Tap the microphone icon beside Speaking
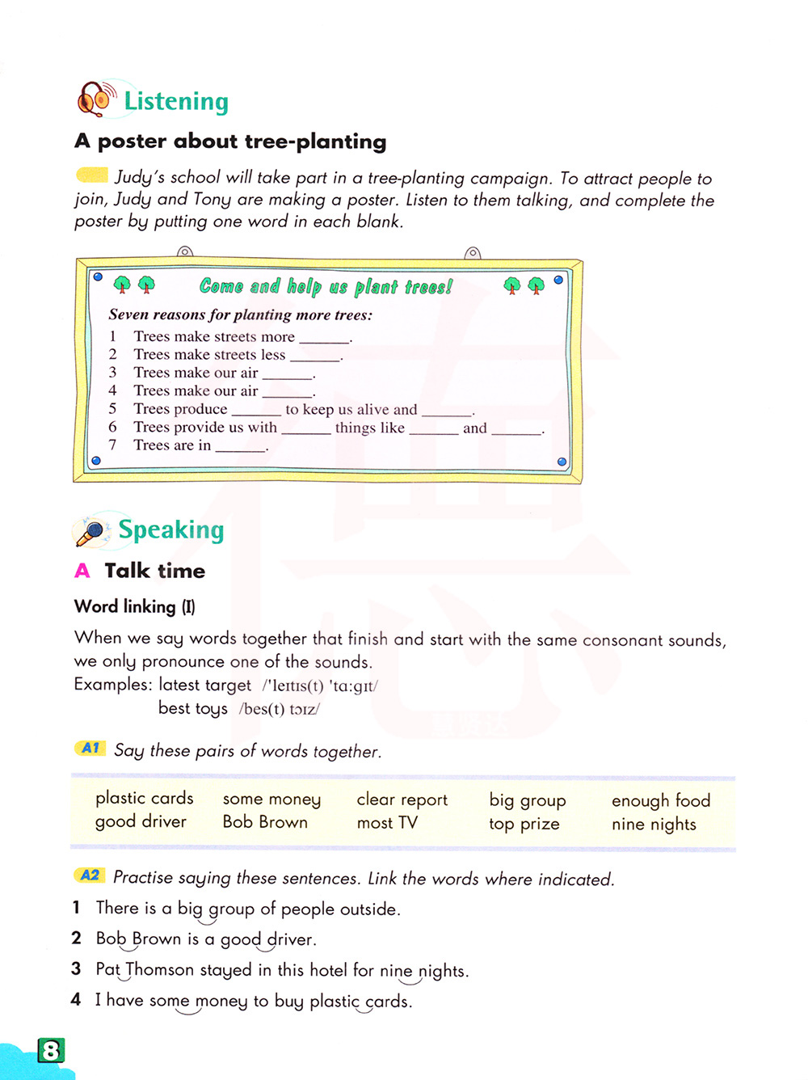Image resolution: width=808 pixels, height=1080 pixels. (91, 531)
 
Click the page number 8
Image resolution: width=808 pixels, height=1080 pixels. (51, 1050)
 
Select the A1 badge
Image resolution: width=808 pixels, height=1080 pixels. (90, 748)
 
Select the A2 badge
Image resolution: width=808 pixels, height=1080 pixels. (90, 875)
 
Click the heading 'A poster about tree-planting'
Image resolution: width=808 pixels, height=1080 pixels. (230, 141)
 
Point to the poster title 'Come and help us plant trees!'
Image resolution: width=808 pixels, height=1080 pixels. (326, 286)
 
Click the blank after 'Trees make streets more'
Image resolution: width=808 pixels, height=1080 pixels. (324, 338)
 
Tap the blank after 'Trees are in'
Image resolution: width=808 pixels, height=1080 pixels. (240, 446)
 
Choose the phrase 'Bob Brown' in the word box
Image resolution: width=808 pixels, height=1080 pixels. (265, 822)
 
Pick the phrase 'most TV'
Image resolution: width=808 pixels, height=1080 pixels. (387, 823)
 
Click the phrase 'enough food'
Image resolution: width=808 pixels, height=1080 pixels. (661, 800)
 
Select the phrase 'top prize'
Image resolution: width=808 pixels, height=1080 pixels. (524, 824)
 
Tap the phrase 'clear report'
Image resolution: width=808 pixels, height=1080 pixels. (402, 799)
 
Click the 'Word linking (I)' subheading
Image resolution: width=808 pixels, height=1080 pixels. (134, 607)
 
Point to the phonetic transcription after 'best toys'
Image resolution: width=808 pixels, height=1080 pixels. (280, 709)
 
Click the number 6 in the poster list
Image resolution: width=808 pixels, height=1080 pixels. (112, 427)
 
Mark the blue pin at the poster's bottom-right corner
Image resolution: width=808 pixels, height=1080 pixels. (562, 462)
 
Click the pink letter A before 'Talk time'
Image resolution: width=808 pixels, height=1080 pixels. (82, 571)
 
